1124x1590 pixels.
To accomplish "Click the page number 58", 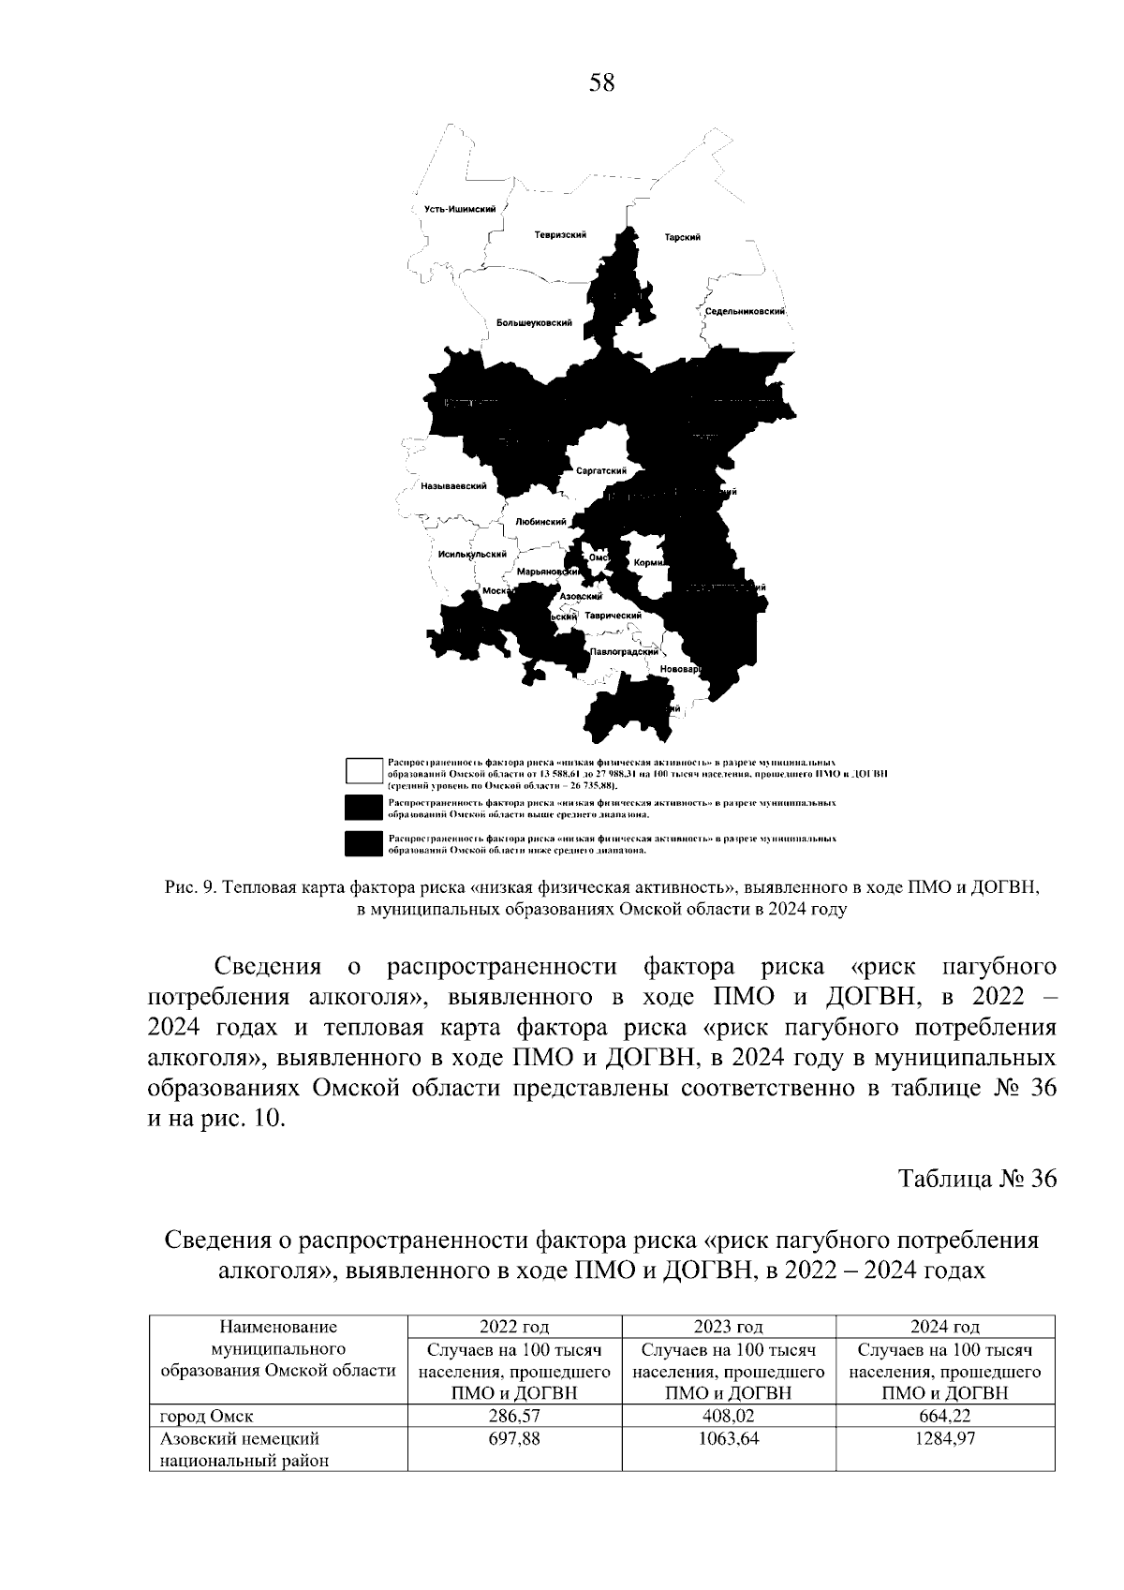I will tap(602, 83).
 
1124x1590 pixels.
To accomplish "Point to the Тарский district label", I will tap(682, 237).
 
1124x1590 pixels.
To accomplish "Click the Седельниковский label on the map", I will tap(745, 311).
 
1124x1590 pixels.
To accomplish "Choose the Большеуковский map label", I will tap(534, 322).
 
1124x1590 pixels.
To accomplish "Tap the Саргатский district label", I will tap(600, 470).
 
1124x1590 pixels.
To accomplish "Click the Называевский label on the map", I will tap(453, 486).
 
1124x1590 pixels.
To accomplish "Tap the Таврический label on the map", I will tap(613, 616).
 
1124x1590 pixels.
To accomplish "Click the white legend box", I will tap(363, 769).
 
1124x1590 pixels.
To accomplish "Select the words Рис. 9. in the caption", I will tap(191, 886).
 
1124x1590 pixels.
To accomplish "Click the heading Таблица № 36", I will tap(977, 1179).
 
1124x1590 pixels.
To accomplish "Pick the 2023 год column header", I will tap(728, 1327).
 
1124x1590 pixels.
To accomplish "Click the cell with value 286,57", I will tap(514, 1416).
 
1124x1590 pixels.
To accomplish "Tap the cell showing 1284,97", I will tap(944, 1438).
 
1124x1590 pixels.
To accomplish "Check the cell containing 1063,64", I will tap(728, 1438).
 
